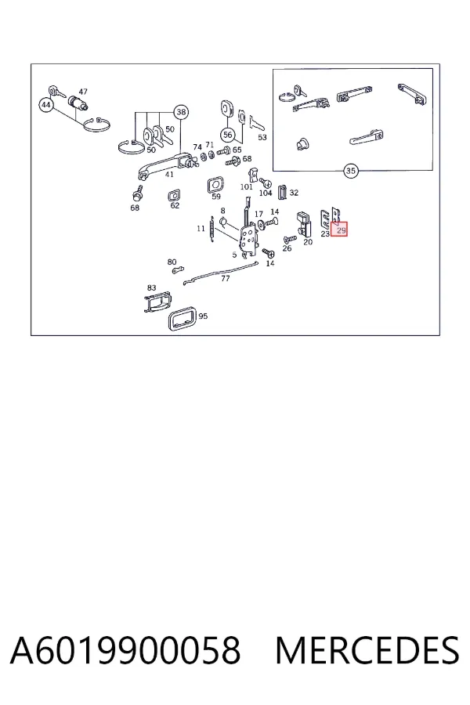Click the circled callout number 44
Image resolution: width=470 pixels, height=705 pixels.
click(x=46, y=105)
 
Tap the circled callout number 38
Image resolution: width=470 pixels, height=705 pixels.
click(x=181, y=112)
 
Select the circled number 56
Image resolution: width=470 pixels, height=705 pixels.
click(x=228, y=135)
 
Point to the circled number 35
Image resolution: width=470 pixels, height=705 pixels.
click(x=350, y=171)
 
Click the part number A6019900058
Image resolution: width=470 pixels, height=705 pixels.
click(x=125, y=650)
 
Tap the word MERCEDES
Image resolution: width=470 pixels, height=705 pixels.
click(x=367, y=650)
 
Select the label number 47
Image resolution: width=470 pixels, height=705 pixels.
click(x=83, y=92)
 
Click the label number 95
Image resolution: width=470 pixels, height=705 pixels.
click(x=203, y=316)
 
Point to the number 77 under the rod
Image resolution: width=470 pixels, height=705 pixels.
click(x=226, y=278)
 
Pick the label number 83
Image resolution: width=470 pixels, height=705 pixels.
click(x=151, y=287)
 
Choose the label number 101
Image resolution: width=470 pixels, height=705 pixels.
click(x=246, y=187)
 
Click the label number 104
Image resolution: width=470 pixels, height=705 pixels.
click(x=266, y=193)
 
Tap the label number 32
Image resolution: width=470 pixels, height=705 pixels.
click(x=294, y=193)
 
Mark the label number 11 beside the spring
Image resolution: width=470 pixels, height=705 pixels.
click(x=201, y=229)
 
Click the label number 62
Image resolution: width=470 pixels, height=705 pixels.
click(x=175, y=205)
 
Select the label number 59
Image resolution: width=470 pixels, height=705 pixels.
click(x=216, y=197)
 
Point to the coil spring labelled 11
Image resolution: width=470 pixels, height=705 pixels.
click(x=211, y=231)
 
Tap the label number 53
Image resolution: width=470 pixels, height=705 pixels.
click(x=262, y=137)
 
